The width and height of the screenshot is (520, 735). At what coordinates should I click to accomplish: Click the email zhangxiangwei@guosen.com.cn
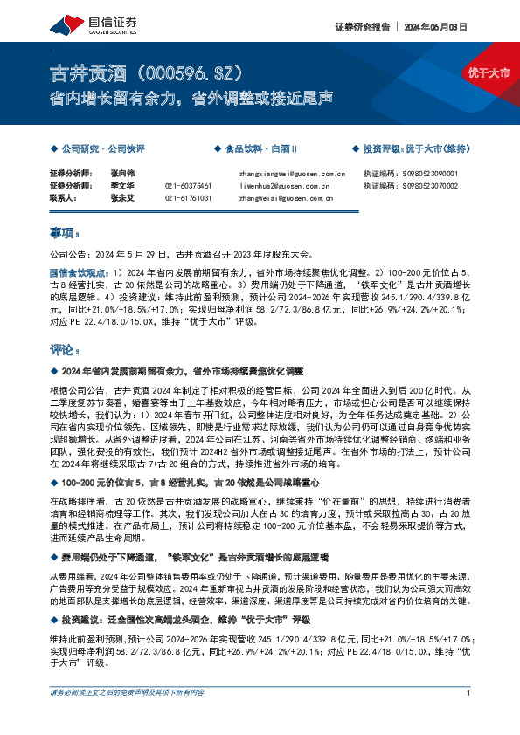pos(292,174)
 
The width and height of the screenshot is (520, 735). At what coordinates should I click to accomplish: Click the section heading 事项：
pos(65,235)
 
